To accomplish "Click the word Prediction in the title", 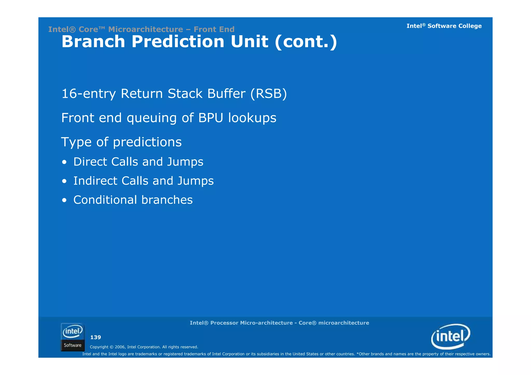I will [178, 42].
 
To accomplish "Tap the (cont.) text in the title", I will [306, 42].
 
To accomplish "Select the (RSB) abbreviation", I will [269, 94].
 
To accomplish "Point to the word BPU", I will [211, 118].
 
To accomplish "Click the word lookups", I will [252, 118].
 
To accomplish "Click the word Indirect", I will [95, 181].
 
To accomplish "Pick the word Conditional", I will [105, 200].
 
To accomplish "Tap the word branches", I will [167, 200].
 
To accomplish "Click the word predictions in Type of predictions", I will [147, 142].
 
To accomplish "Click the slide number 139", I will [95, 337].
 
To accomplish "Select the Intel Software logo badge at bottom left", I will [73, 337].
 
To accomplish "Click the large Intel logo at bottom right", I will [450, 336].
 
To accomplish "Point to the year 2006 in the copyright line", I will [120, 347].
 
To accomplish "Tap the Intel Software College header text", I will [444, 26].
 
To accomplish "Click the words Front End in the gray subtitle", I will [214, 29].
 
